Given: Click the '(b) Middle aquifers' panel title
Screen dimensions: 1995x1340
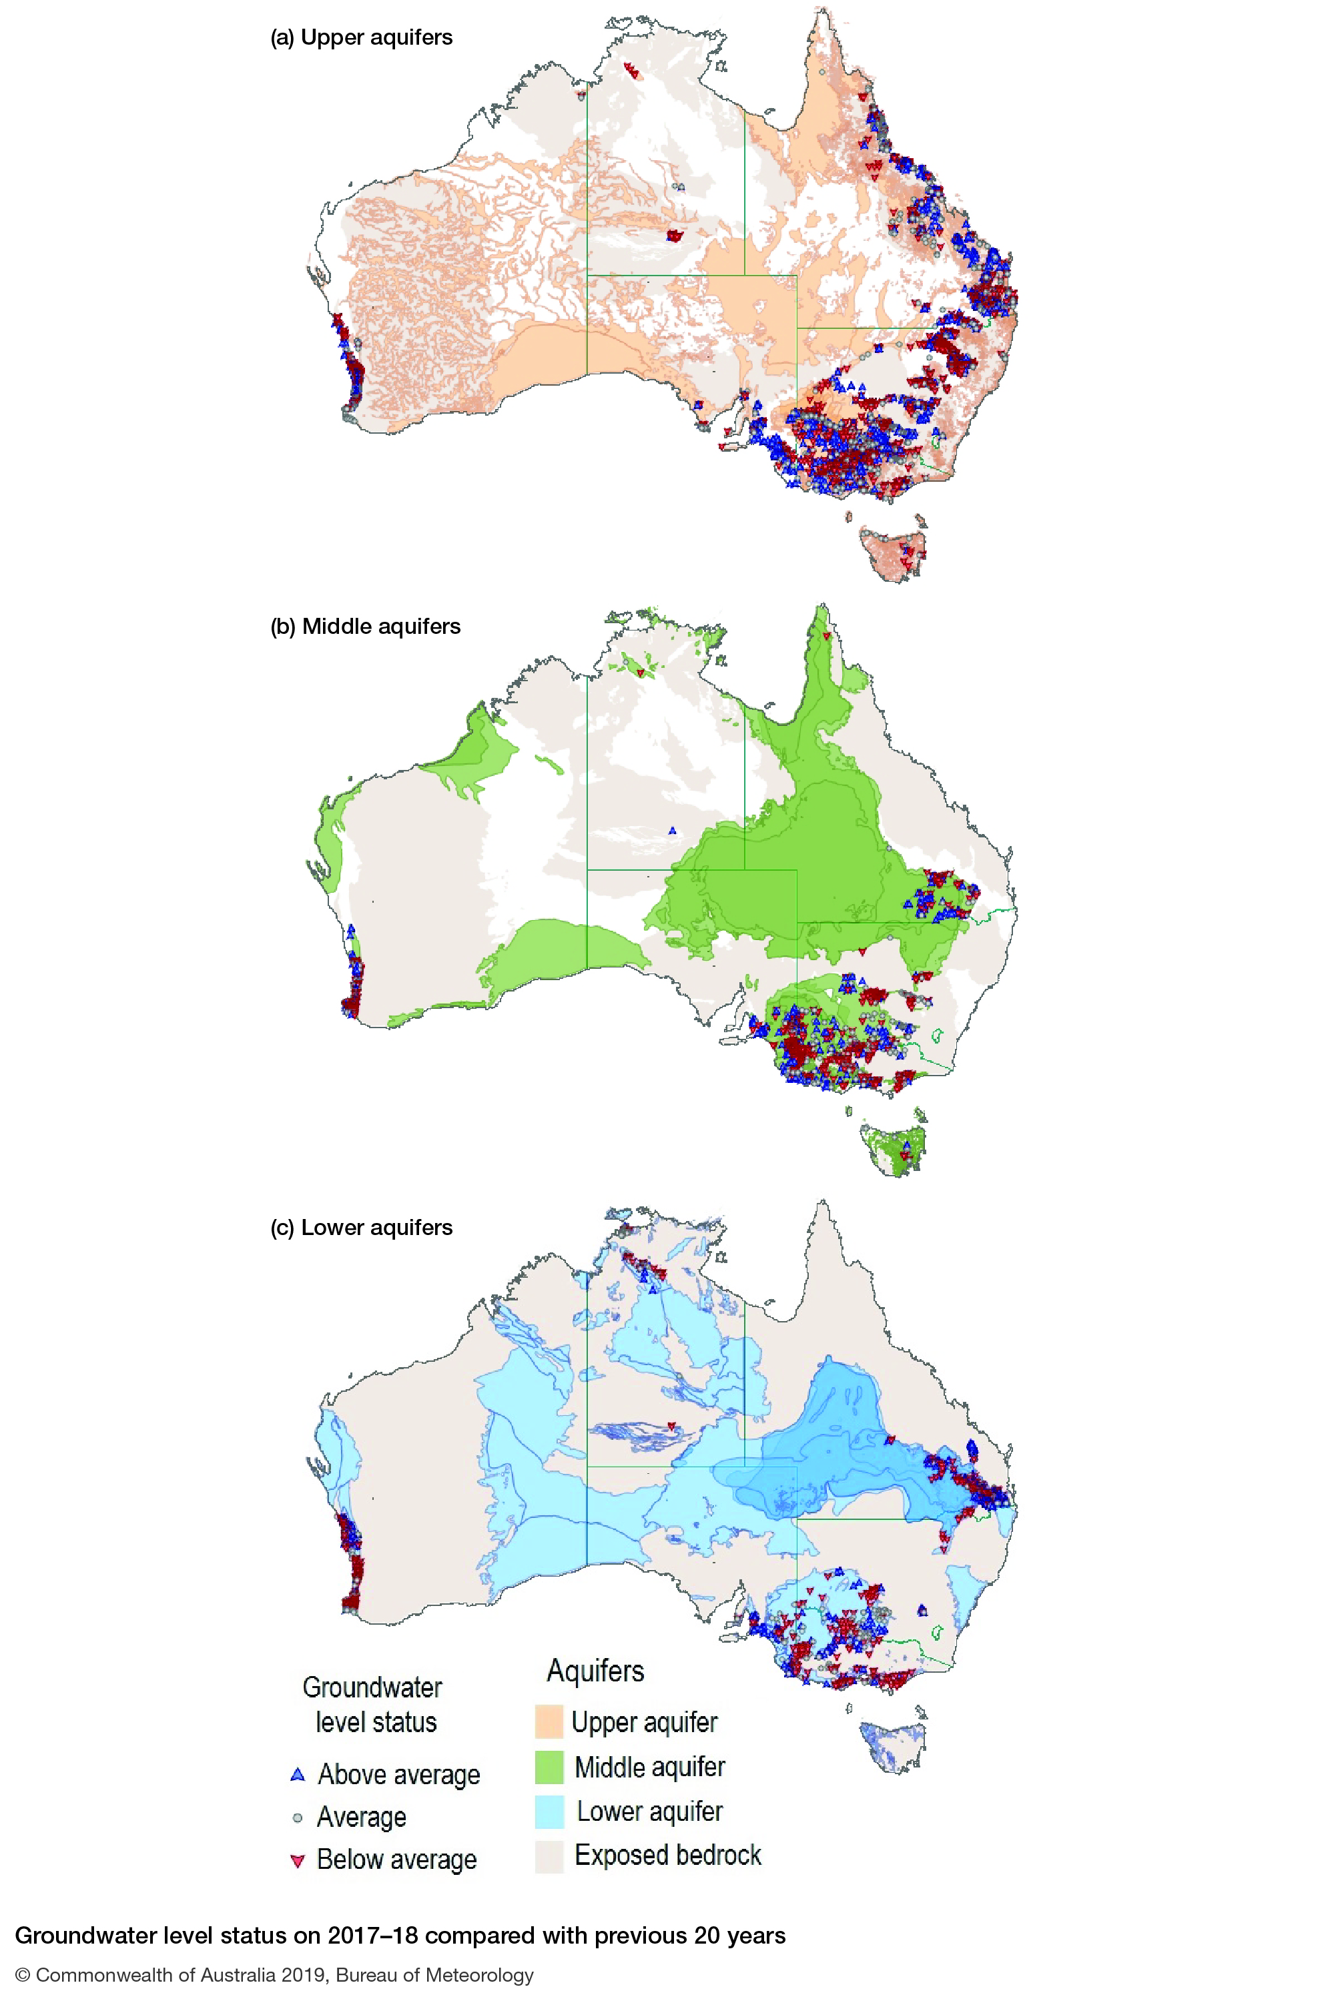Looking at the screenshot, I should (x=365, y=627).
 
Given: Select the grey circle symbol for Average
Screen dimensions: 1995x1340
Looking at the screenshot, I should (x=298, y=1818).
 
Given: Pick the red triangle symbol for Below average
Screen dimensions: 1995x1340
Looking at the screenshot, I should (x=298, y=1861).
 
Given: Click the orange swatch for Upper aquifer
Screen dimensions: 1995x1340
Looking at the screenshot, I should (x=549, y=1721).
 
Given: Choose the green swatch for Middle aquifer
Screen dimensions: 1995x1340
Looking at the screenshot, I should (x=549, y=1767).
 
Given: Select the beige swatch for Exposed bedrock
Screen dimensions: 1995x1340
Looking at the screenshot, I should (x=549, y=1856).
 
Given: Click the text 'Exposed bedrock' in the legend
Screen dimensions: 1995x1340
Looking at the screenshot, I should (x=667, y=1855).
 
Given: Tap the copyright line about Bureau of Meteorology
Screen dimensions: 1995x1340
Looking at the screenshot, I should (x=274, y=1974).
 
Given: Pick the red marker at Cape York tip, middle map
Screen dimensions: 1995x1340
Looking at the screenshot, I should (x=826, y=636).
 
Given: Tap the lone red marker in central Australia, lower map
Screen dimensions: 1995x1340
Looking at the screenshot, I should (x=672, y=1426).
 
